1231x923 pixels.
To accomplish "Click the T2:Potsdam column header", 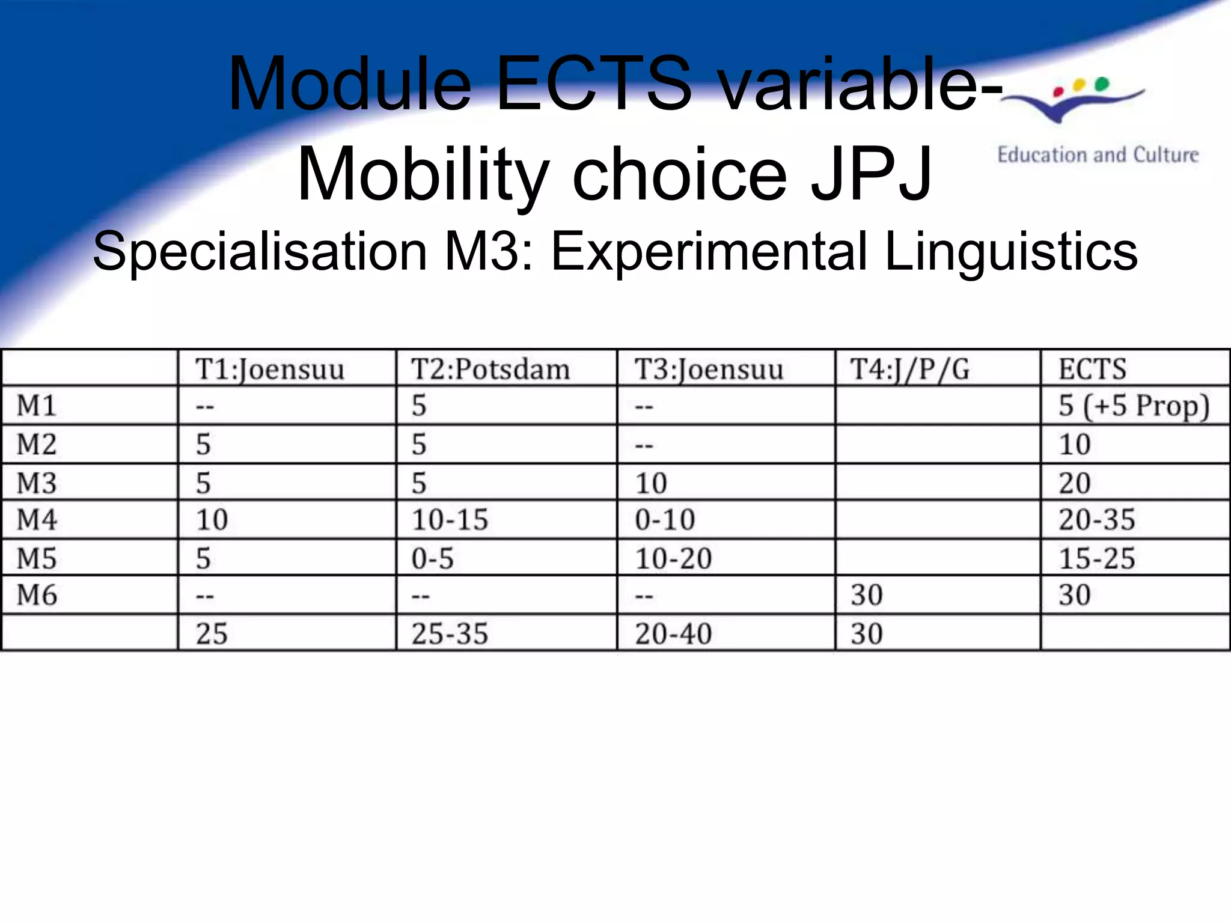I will pos(490,368).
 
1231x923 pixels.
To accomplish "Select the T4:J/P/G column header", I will pos(909,368).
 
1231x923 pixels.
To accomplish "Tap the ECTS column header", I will pos(1092,368).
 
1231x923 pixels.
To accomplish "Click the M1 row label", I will pos(37,406).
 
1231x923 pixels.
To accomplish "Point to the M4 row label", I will pos(37,519).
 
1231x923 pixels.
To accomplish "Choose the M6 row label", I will pos(37,595).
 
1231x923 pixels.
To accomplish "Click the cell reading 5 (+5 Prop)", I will pos(1134,406).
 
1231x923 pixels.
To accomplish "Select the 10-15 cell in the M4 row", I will pos(450,519).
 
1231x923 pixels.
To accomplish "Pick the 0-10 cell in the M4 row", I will pos(665,519).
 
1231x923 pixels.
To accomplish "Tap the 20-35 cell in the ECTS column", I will pos(1096,519).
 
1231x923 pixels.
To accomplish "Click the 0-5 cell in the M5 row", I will pos(432,558).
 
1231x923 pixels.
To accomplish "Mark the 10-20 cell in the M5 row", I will pos(673,558).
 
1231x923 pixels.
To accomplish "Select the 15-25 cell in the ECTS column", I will pos(1096,558).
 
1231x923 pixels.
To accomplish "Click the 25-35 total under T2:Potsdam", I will pos(450,633).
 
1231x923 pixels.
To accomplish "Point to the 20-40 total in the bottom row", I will pos(673,633).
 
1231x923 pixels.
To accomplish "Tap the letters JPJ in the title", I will pos(872,174).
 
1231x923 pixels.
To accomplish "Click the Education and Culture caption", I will pos(1098,155).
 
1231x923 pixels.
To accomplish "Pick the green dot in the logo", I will pos(1102,84).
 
